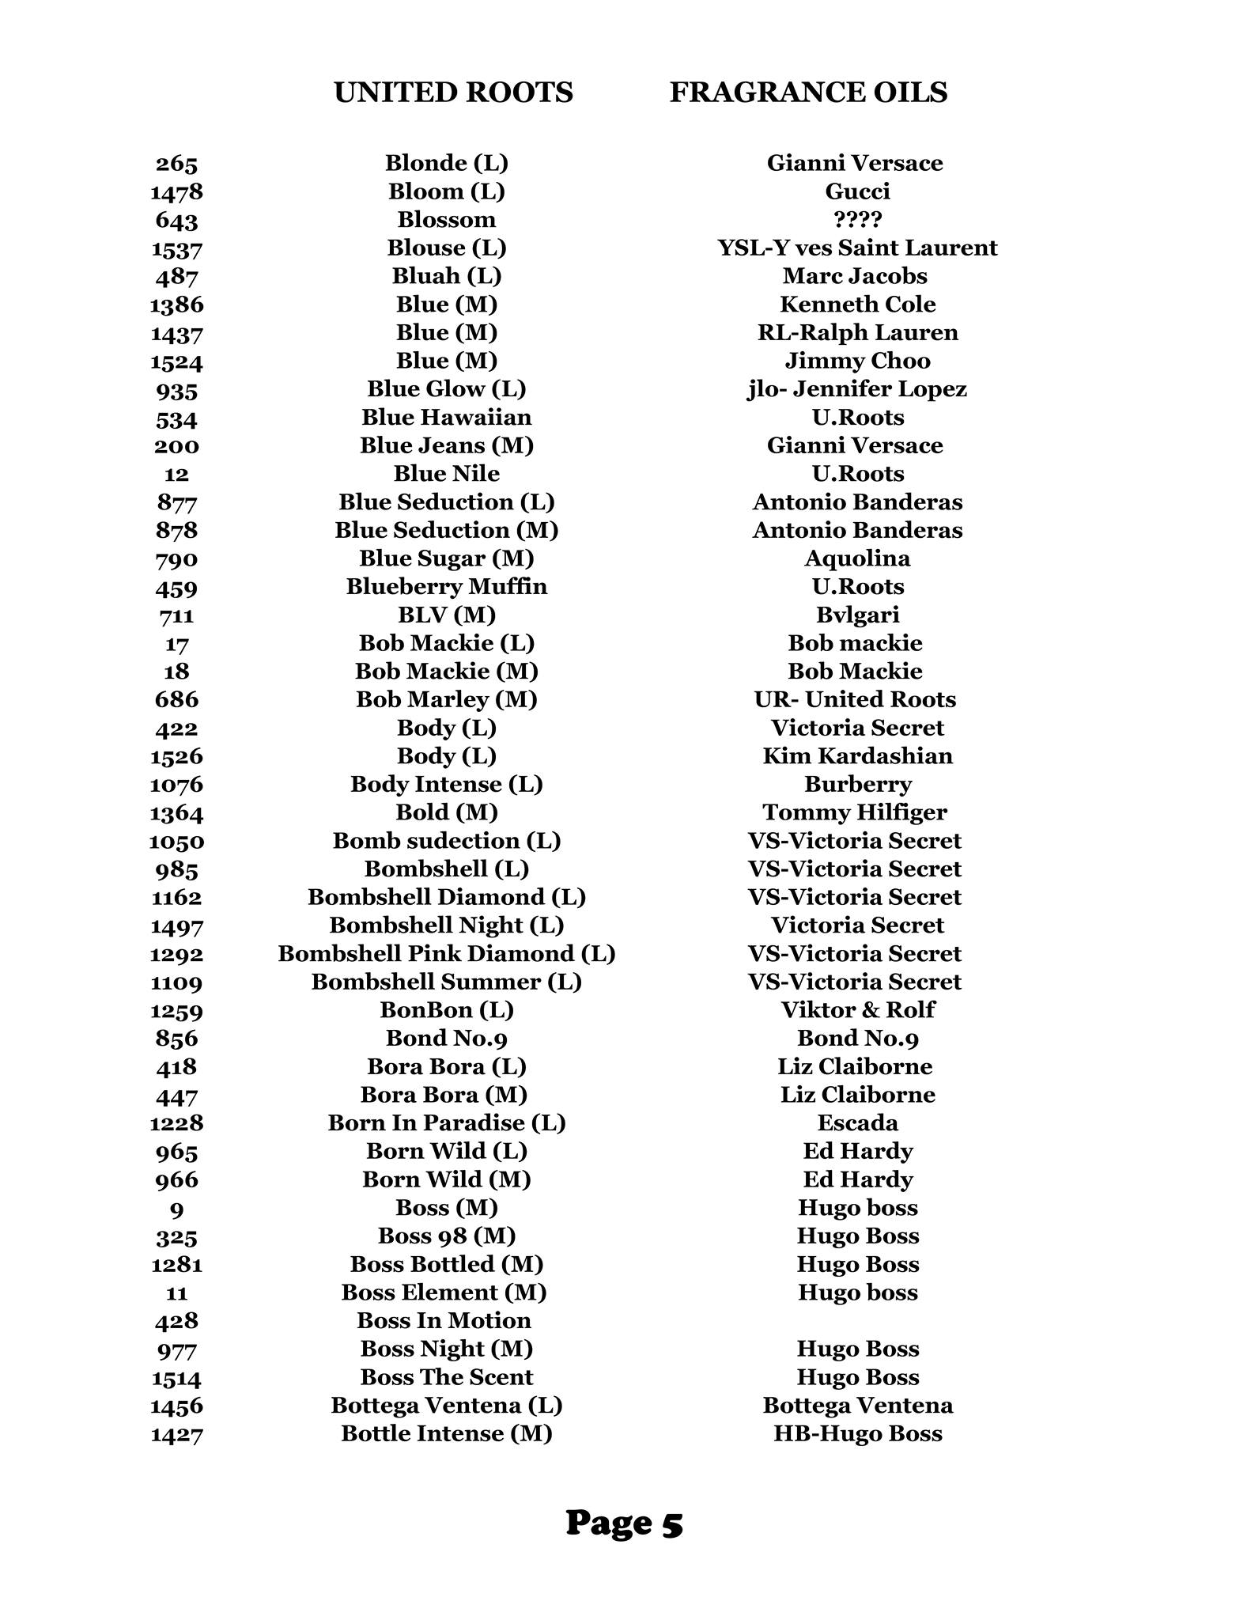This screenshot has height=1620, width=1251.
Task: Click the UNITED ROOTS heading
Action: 453,93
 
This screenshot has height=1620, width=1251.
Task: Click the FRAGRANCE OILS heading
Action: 808,93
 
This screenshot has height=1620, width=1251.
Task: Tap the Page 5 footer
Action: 624,1522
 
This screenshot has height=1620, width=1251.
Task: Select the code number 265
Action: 176,164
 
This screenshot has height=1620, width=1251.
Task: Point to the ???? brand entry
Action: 857,219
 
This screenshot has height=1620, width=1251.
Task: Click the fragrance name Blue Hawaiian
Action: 447,417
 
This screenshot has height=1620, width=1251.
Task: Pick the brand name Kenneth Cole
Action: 857,304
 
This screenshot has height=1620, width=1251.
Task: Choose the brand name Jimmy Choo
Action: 857,361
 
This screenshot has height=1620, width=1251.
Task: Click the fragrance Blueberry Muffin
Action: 447,586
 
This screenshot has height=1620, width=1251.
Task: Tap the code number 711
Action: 176,615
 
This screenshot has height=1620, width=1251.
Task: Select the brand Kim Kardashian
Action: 857,755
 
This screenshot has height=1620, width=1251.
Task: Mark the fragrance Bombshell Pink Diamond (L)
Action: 447,953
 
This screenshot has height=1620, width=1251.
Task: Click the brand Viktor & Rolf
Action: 857,1009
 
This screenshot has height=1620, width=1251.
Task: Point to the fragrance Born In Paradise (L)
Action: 447,1122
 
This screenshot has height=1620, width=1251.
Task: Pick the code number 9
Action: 176,1209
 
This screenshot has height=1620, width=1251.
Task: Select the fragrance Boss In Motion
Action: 444,1320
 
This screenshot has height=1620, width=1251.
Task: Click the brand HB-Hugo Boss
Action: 857,1433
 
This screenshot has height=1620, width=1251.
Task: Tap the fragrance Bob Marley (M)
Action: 447,699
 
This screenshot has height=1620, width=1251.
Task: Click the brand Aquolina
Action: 857,558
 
